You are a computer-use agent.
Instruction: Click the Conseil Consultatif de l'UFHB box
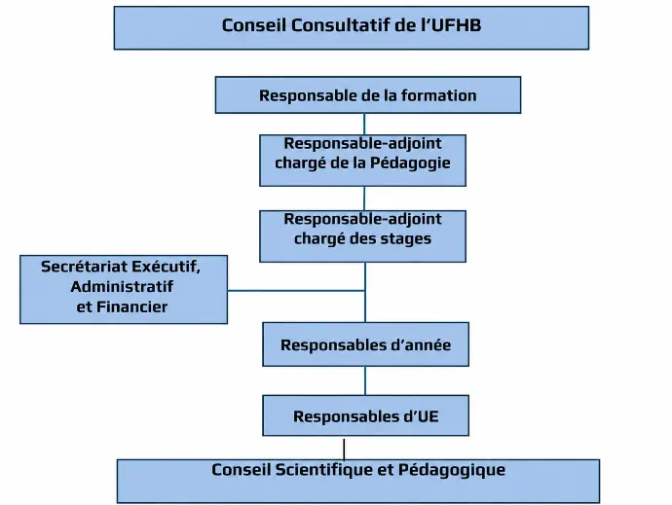pyautogui.click(x=352, y=28)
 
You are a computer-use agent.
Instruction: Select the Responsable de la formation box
pyautogui.click(x=368, y=95)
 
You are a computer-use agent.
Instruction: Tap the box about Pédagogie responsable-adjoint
pyautogui.click(x=362, y=161)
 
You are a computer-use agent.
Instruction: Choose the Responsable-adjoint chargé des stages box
pyautogui.click(x=362, y=236)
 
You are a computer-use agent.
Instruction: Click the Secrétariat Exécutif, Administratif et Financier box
pyautogui.click(x=124, y=290)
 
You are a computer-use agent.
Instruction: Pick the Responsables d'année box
pyautogui.click(x=365, y=344)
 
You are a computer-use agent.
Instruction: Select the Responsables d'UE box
pyautogui.click(x=365, y=415)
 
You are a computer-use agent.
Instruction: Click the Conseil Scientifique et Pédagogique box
pyautogui.click(x=358, y=481)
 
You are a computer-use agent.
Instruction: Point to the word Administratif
pyautogui.click(x=122, y=286)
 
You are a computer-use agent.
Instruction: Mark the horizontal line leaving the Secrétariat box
pyautogui.click(x=296, y=291)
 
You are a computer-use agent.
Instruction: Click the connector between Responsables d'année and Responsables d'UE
pyautogui.click(x=365, y=380)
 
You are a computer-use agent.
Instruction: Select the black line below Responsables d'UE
pyautogui.click(x=344, y=449)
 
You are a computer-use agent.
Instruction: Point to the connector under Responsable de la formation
pyautogui.click(x=364, y=125)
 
